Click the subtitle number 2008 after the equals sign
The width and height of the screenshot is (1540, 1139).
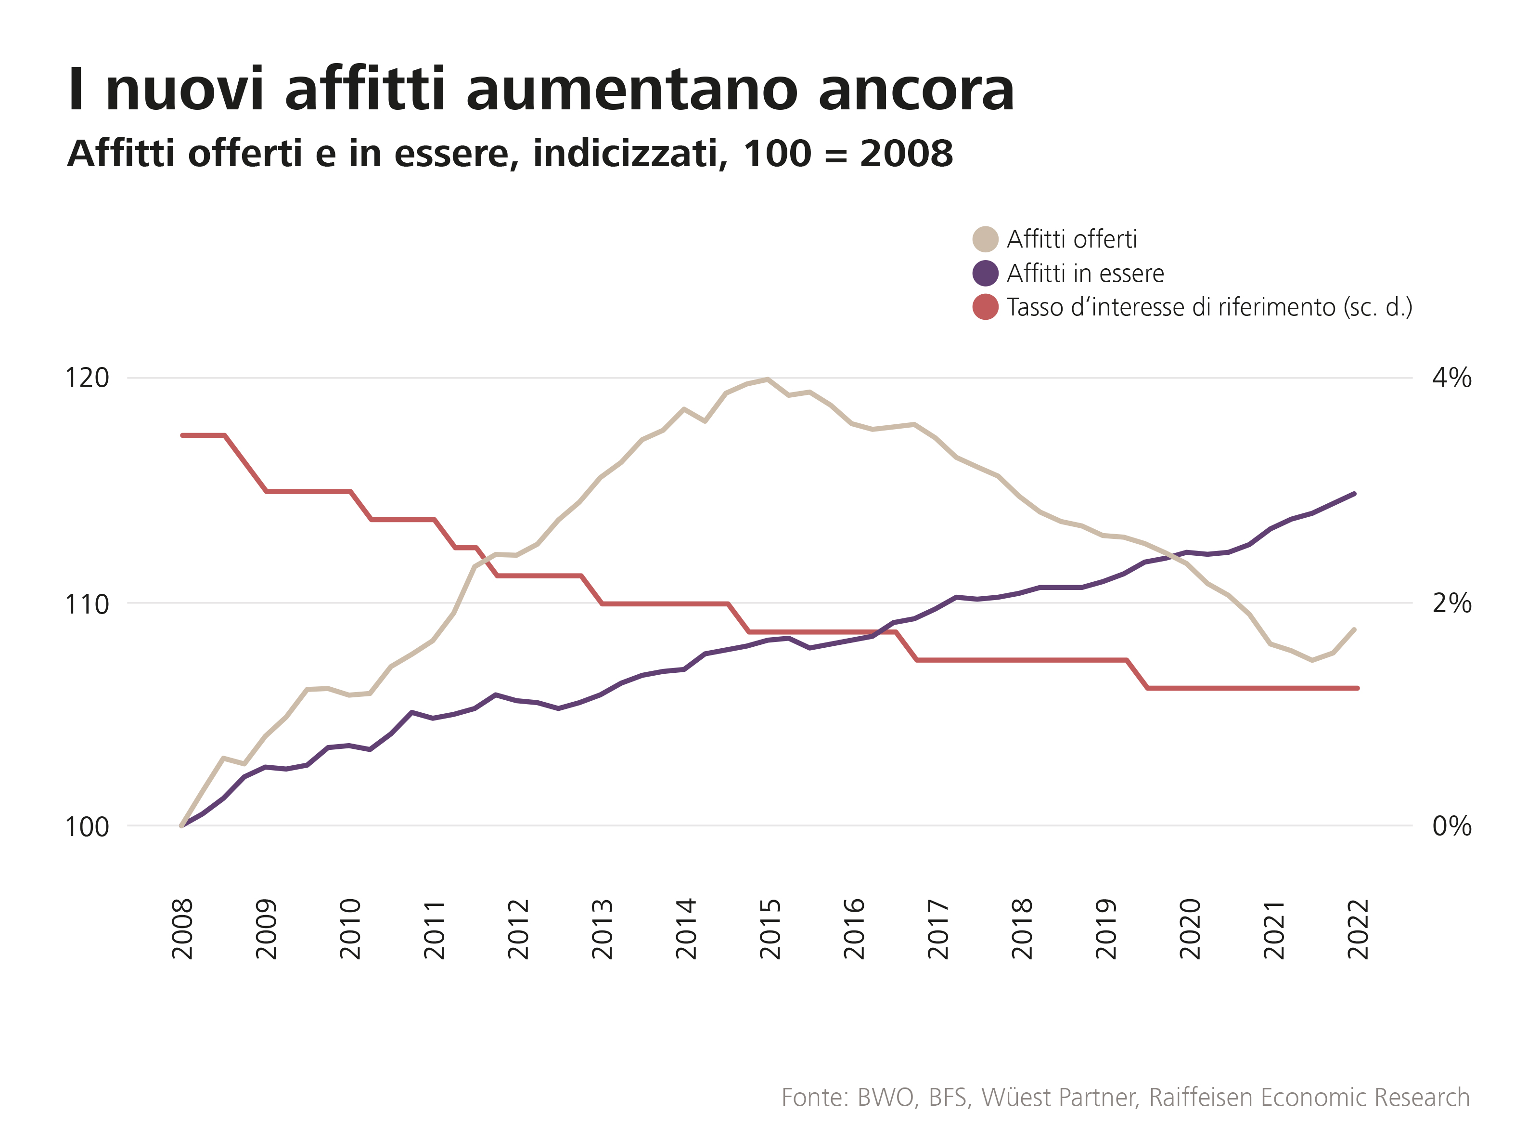[906, 153]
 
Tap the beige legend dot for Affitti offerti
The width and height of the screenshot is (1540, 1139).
[985, 239]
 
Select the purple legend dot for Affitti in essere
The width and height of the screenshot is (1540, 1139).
[985, 273]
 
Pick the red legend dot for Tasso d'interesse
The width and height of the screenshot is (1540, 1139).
[985, 307]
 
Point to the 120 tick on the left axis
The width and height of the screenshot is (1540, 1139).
[87, 378]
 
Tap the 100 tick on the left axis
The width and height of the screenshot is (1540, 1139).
[87, 826]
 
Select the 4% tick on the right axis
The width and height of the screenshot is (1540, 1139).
[1451, 378]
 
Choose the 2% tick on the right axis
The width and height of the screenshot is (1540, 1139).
[1451, 604]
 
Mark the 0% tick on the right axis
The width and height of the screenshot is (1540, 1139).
[1451, 826]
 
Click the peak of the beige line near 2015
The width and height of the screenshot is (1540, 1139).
[768, 379]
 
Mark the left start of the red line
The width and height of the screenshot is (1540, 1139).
[182, 435]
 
